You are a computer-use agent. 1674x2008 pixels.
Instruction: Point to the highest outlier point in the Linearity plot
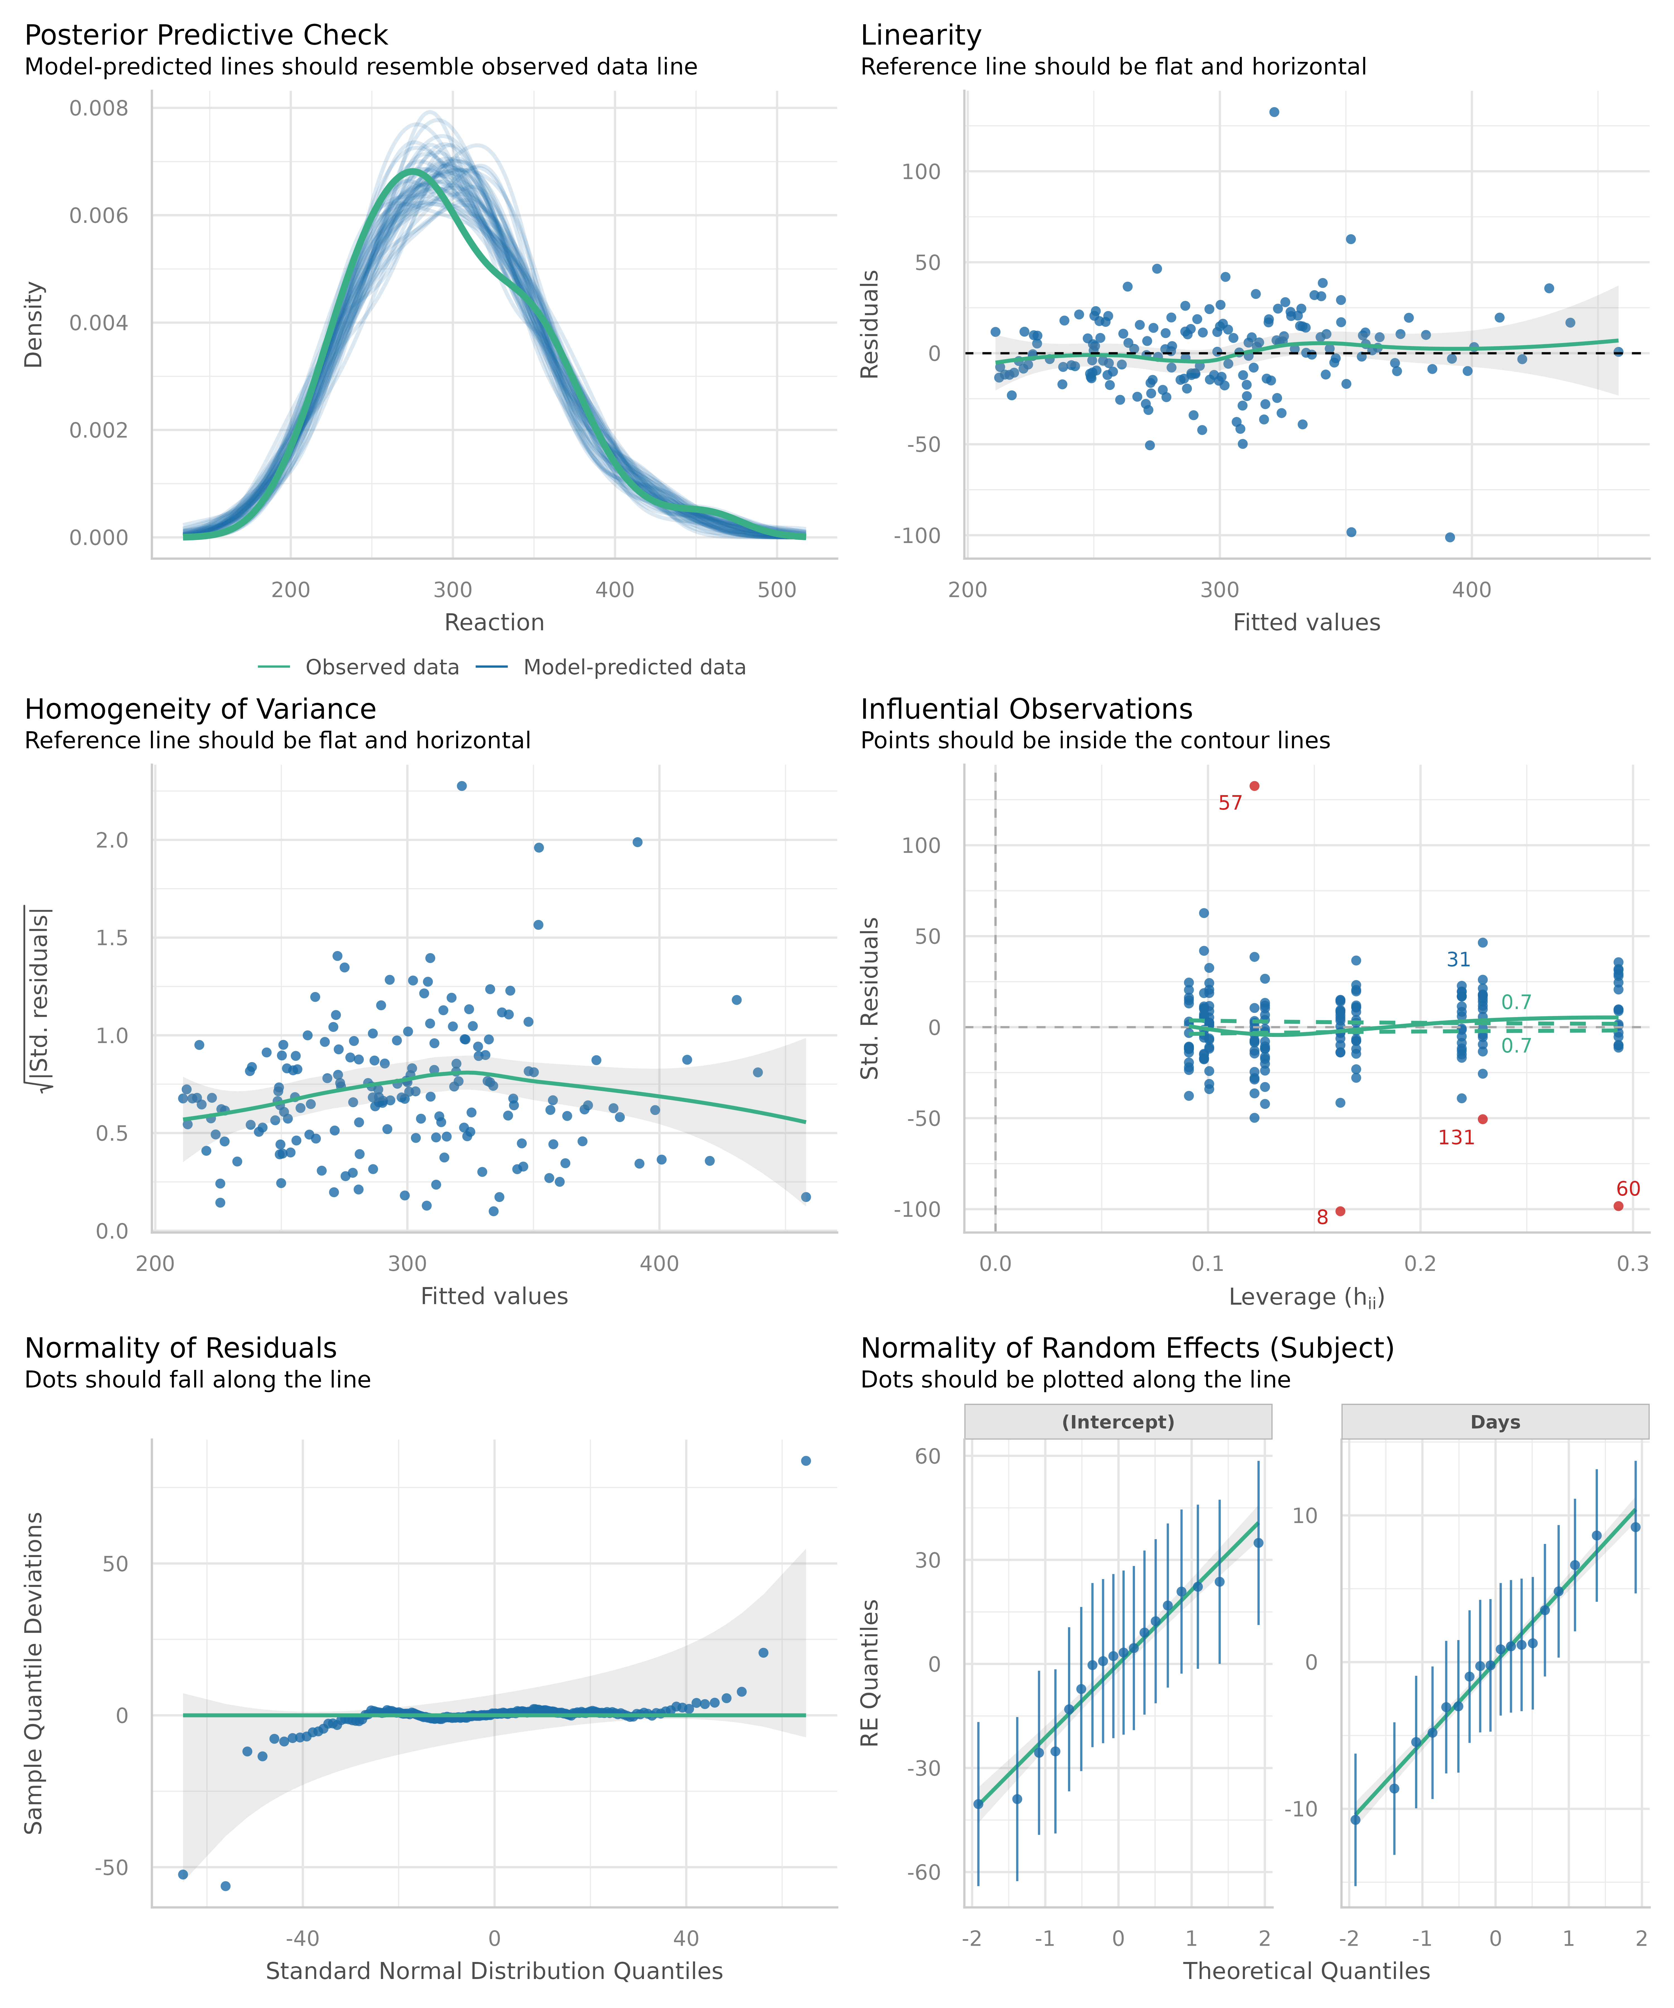tap(1274, 112)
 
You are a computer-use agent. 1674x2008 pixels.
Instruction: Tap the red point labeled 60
tap(1618, 1206)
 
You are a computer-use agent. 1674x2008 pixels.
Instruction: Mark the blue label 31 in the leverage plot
tap(1458, 960)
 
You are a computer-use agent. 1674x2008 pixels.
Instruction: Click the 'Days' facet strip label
tap(1495, 1422)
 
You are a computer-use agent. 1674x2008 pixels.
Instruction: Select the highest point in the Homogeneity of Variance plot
tap(461, 786)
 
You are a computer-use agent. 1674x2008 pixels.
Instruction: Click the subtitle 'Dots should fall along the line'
tap(197, 1380)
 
